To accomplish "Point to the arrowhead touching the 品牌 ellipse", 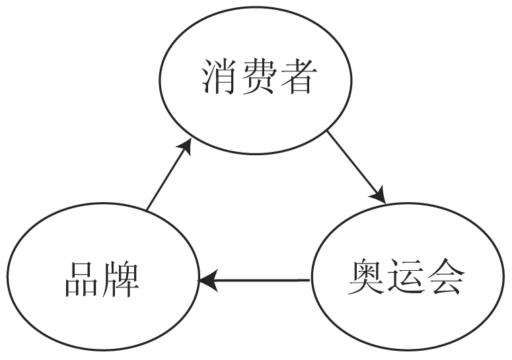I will (207, 281).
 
